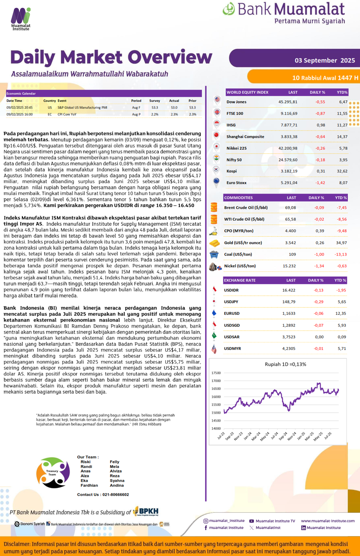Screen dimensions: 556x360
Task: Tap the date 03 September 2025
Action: click(325, 61)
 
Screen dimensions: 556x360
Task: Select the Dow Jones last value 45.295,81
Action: click(288, 102)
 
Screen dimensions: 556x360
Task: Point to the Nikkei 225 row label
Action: click(237, 148)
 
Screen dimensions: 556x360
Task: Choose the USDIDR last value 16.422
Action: click(289, 290)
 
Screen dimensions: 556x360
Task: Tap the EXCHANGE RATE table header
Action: click(240, 280)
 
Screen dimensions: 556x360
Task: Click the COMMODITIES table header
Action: click(238, 198)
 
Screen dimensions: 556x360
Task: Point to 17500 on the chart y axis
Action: click(216, 373)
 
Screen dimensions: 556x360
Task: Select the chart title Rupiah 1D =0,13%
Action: click(285, 364)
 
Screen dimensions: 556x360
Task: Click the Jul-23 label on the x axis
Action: click(221, 436)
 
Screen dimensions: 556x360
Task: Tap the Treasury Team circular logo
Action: click(53, 473)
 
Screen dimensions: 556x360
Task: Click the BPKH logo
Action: click(146, 511)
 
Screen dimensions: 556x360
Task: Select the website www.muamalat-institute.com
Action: click(328, 521)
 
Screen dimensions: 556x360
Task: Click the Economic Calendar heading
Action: click(21, 94)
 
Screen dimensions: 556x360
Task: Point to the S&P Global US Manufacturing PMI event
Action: click(82, 107)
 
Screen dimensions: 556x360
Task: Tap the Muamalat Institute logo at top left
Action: click(21, 19)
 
